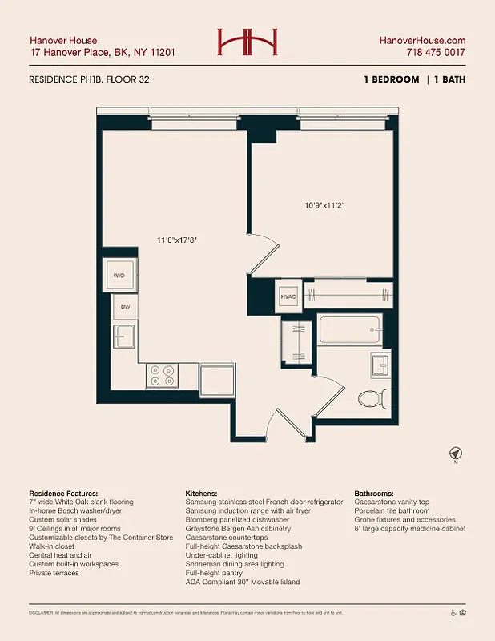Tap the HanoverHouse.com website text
click(x=421, y=40)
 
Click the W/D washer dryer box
click(x=119, y=276)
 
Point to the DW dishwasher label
click(x=126, y=307)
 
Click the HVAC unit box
click(x=288, y=296)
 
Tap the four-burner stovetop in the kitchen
click(x=163, y=376)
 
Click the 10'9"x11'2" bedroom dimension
click(x=324, y=204)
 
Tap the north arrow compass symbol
click(x=456, y=453)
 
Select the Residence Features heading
click(x=63, y=493)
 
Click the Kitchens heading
click(x=203, y=493)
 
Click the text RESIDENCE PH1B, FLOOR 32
click(x=89, y=79)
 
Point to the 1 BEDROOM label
click(x=390, y=79)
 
